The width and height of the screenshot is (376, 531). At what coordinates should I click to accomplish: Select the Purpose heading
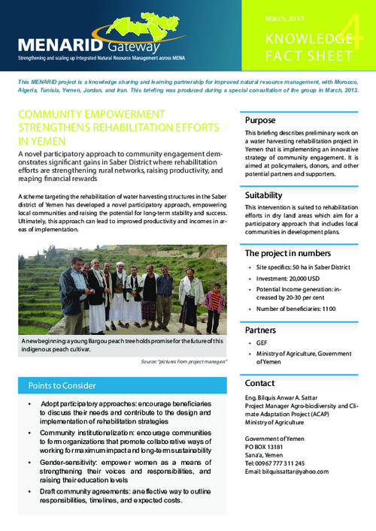263,120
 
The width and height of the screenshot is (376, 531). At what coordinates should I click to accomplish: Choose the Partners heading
265,330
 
